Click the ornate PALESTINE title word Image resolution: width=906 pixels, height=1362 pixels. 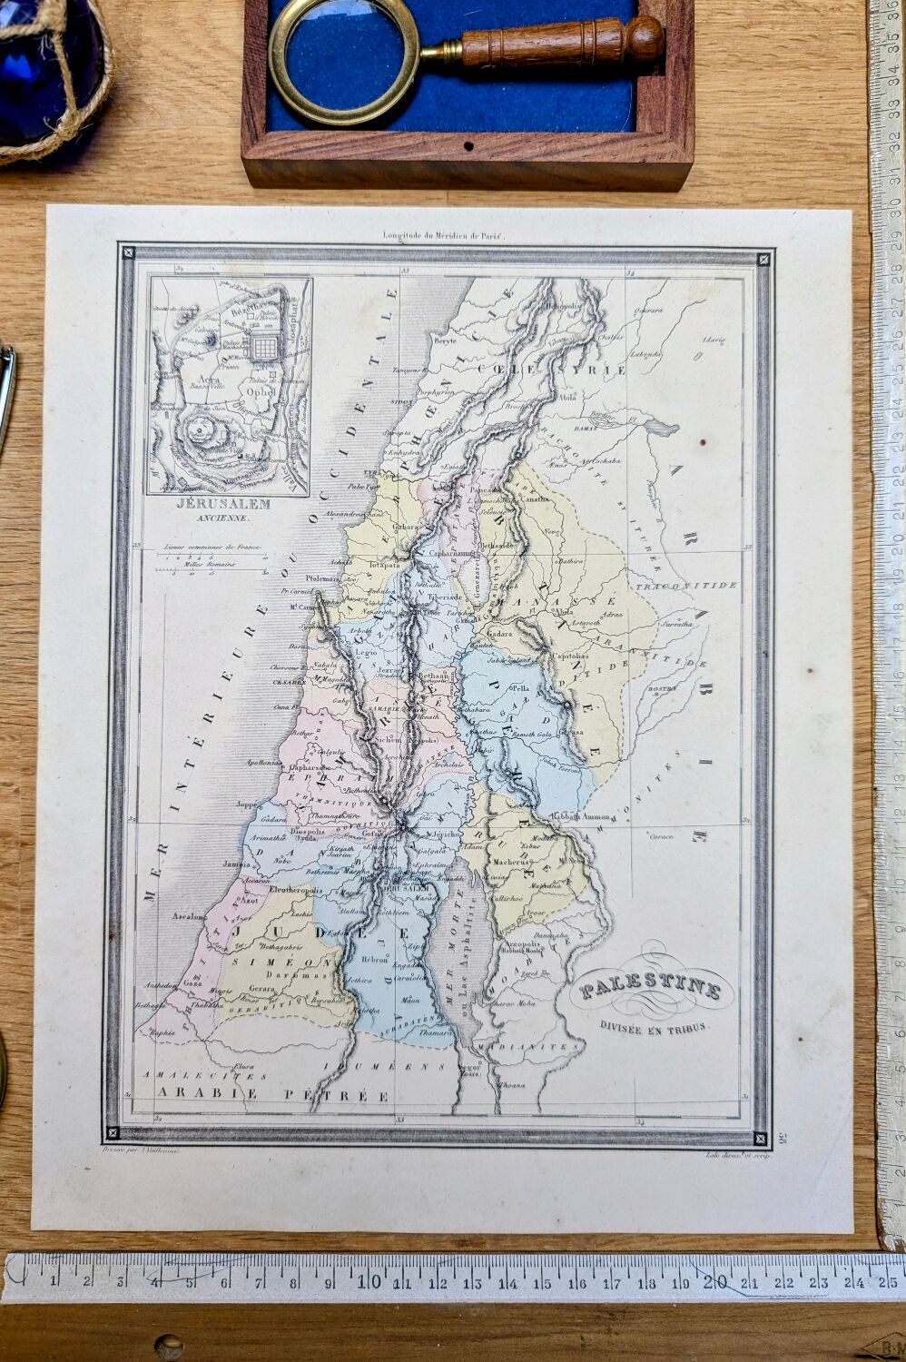point(652,989)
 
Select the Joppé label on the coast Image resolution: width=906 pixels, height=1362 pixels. point(247,804)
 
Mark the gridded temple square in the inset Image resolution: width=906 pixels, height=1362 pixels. point(264,347)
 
